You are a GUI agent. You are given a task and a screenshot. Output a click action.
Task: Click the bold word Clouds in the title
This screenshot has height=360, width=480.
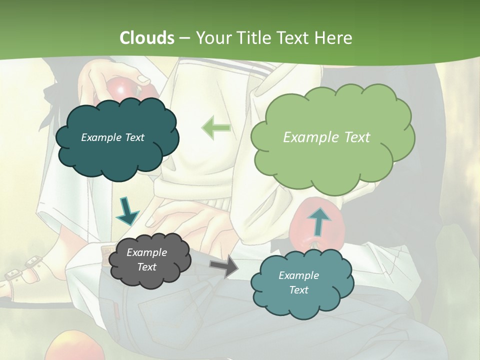(147, 38)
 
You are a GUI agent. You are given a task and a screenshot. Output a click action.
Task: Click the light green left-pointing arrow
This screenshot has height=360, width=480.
(216, 128)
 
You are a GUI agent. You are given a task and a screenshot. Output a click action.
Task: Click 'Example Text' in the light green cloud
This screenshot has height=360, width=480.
(326, 137)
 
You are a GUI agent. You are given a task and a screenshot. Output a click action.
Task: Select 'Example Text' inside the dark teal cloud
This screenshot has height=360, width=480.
(112, 137)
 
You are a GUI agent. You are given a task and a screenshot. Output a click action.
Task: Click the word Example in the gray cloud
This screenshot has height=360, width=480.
(146, 252)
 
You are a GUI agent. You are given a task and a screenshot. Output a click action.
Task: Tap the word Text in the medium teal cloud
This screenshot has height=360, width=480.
(298, 290)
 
